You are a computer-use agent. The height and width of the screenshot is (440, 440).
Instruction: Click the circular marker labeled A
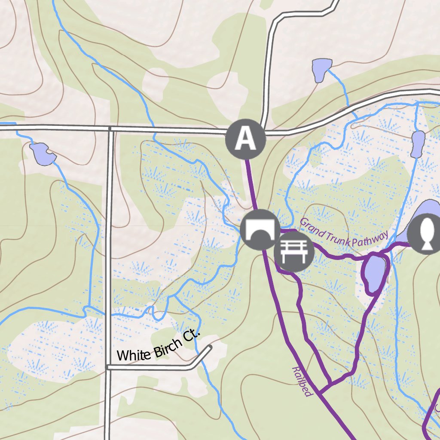pyautogui.click(x=245, y=139)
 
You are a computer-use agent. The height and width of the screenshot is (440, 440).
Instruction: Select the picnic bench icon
pyautogui.click(x=294, y=252)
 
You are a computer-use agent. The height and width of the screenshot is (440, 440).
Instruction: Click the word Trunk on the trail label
pyautogui.click(x=338, y=237)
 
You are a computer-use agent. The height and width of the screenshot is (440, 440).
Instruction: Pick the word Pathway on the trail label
pyautogui.click(x=369, y=239)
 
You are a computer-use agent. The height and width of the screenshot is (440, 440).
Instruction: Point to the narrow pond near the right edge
pyautogui.click(x=418, y=144)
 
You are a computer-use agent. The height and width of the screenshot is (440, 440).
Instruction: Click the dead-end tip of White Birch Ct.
pyautogui.click(x=210, y=347)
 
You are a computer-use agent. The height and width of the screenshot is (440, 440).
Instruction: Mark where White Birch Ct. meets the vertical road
pyautogui.click(x=107, y=367)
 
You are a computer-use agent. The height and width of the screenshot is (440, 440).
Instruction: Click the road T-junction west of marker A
pyautogui.click(x=110, y=128)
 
